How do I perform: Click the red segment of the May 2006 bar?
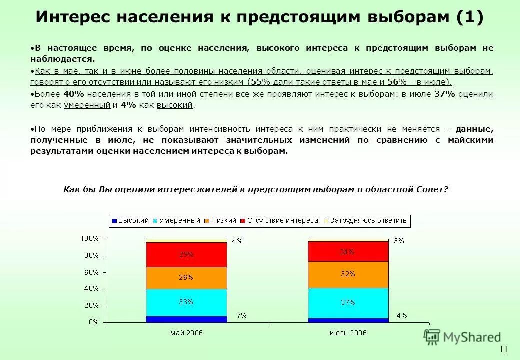(186, 255)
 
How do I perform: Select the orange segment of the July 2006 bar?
(348, 274)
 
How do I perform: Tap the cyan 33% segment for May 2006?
(186, 302)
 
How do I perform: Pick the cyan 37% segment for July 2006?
(348, 302)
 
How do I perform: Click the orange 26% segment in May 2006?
(186, 278)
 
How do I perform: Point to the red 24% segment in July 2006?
(348, 252)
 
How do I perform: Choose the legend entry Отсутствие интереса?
(279, 220)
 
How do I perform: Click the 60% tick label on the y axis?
(91, 272)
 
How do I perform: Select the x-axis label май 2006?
(186, 332)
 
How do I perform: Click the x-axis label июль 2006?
(348, 332)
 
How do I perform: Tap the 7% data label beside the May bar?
(241, 315)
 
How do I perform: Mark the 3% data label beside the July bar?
(399, 241)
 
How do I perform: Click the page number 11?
(503, 349)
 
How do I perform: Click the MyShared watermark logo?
(462, 337)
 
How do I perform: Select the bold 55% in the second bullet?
(256, 82)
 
